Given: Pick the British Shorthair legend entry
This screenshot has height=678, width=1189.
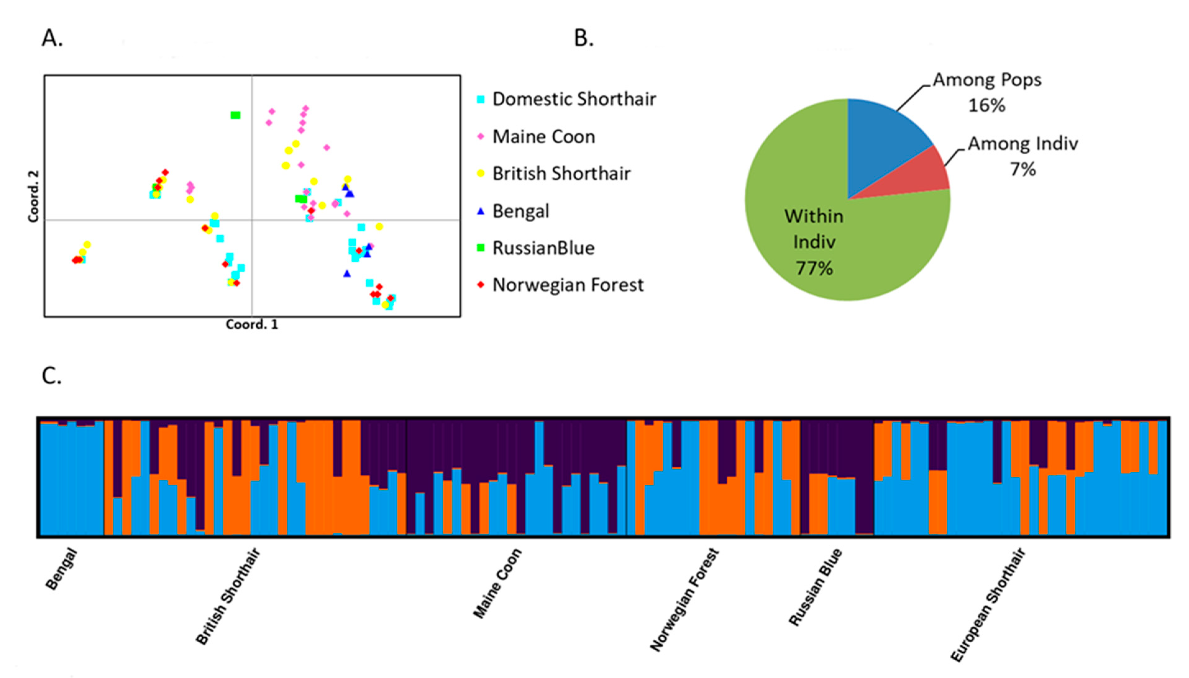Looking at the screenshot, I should click(x=561, y=174).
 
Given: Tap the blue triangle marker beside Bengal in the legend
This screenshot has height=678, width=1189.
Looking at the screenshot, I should click(x=481, y=211).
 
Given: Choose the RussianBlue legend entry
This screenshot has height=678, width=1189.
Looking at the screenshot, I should click(x=543, y=248).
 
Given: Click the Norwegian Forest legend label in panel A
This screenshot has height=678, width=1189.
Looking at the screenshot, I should click(x=568, y=285).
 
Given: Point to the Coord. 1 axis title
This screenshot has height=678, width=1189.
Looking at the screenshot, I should click(x=252, y=325).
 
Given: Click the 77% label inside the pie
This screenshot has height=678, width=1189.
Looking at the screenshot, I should click(x=814, y=268).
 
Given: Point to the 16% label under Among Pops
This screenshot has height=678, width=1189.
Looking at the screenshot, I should click(x=986, y=105).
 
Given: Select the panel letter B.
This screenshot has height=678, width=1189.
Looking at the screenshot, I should click(x=583, y=38).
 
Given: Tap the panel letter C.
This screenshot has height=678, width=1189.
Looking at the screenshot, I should click(x=51, y=376).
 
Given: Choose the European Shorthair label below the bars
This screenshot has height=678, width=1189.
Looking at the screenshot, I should click(x=988, y=605).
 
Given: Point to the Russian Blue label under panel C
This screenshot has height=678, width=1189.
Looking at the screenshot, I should click(x=816, y=587).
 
